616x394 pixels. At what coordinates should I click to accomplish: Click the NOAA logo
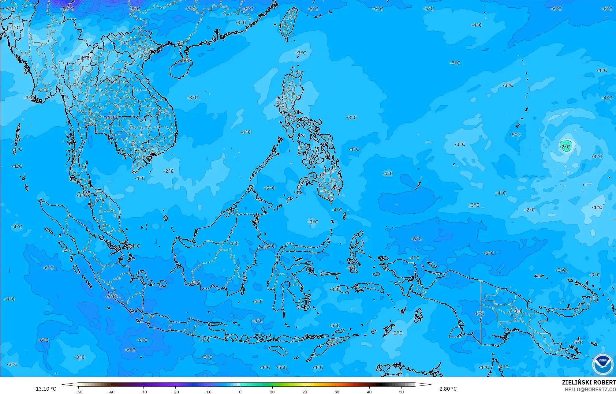click(602, 364)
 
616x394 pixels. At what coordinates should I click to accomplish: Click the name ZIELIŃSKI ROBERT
click(588, 382)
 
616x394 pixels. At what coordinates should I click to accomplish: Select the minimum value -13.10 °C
click(45, 389)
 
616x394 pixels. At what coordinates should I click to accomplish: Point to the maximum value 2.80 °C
click(448, 389)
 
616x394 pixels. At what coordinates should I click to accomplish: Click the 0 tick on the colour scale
click(240, 392)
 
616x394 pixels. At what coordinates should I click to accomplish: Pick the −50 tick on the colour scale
click(79, 392)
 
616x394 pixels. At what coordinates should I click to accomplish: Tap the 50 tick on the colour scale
click(401, 392)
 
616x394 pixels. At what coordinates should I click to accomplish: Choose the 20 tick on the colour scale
click(305, 392)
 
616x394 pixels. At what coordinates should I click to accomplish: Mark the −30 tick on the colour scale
click(143, 392)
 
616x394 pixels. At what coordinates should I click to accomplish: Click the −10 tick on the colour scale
click(208, 392)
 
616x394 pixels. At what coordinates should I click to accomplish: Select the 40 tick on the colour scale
click(369, 392)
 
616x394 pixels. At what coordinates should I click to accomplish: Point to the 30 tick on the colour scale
click(337, 392)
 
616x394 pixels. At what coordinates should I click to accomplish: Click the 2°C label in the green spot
click(566, 147)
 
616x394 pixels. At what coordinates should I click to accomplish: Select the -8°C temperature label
click(134, 9)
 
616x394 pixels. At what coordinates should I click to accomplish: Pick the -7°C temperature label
click(190, 9)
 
